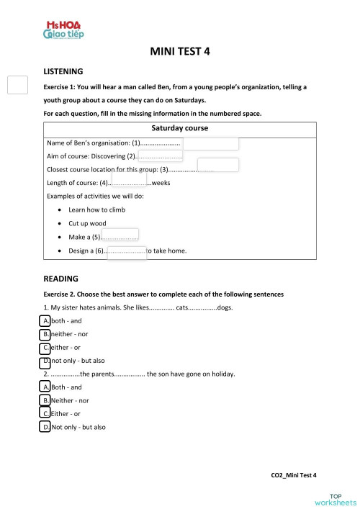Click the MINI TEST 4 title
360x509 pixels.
(180, 52)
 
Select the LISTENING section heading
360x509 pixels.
(63, 72)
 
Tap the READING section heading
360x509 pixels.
(60, 278)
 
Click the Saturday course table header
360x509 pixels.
(180, 128)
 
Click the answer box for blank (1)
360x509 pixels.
(210, 143)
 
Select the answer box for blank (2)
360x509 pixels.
(160, 156)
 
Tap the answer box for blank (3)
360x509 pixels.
(217, 165)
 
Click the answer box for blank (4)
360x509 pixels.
(130, 178)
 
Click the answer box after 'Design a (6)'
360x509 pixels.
(127, 251)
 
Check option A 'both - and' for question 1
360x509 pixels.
(46, 320)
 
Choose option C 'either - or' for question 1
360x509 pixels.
(46, 348)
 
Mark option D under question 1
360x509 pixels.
(46, 361)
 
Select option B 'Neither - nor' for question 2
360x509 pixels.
(46, 400)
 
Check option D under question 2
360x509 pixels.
(46, 427)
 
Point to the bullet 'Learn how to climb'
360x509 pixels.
(96, 210)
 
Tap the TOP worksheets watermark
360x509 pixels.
(335, 498)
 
